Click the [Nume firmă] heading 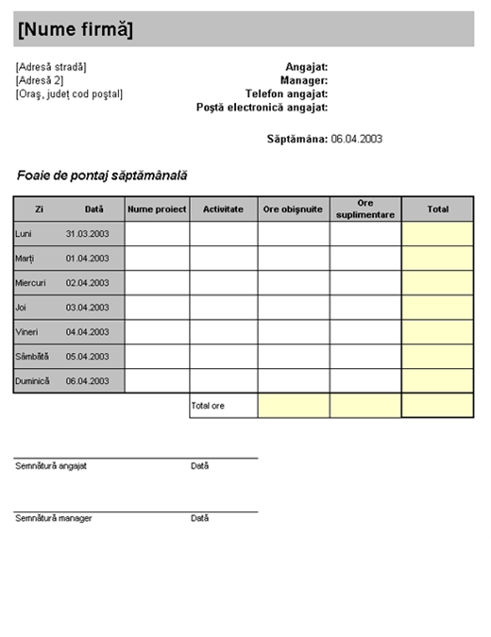76,30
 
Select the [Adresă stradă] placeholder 51,67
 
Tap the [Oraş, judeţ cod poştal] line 69,93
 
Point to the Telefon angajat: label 286,93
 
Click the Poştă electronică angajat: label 262,107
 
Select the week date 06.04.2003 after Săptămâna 356,139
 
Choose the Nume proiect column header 158,209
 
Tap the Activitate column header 224,209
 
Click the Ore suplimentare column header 365,209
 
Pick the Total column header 437,209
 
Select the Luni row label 25,233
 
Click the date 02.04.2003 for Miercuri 87,282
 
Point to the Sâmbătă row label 31,357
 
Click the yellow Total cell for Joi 437,308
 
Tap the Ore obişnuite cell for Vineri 294,332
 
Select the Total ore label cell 224,406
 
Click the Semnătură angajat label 51,466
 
